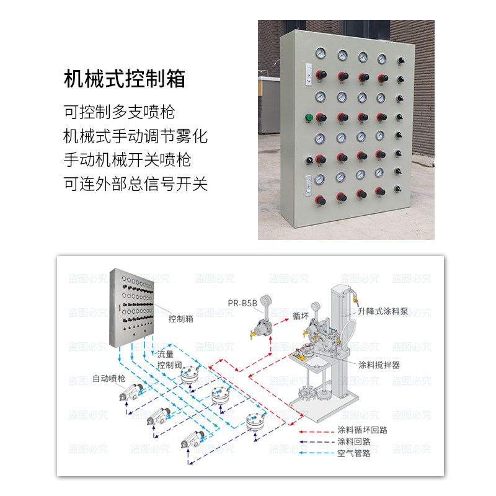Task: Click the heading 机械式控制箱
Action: [x=125, y=80]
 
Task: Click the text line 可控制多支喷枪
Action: [x=120, y=112]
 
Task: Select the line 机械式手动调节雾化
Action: [x=136, y=136]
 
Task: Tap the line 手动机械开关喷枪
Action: [x=128, y=159]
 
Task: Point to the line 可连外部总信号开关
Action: [x=136, y=184]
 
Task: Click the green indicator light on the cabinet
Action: [x=309, y=117]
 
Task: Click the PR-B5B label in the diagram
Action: [x=242, y=303]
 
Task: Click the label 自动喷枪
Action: [x=109, y=378]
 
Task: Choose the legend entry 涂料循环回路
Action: [x=362, y=430]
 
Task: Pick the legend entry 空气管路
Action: [x=353, y=454]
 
